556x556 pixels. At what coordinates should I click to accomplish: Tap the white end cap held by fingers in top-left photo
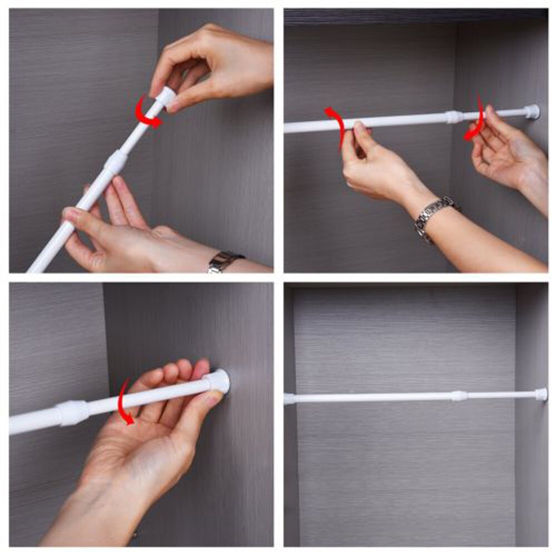(x=162, y=100)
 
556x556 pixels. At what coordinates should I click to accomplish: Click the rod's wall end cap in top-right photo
(x=532, y=111)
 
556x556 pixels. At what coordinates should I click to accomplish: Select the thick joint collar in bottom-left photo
(x=73, y=413)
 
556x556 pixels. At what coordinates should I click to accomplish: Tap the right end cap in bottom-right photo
(x=540, y=394)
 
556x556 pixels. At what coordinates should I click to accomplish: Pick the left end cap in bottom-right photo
(x=289, y=399)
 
